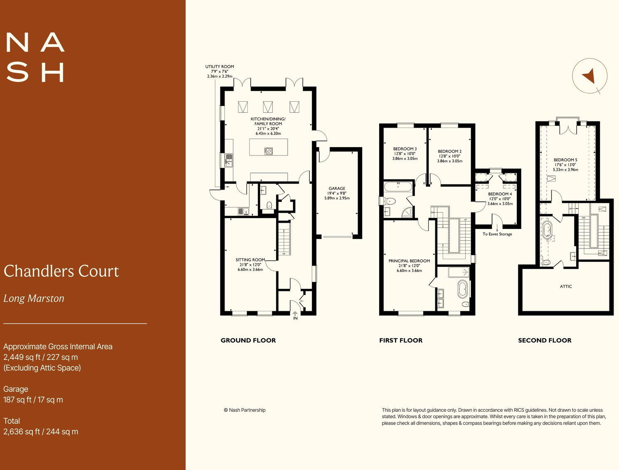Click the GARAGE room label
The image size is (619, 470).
pyautogui.click(x=337, y=188)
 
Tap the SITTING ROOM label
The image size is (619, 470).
pyautogui.click(x=250, y=260)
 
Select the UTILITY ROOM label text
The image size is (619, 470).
pyautogui.click(x=219, y=66)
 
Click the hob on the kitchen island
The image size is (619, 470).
pyautogui.click(x=269, y=151)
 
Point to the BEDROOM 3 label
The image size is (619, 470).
pyautogui.click(x=405, y=149)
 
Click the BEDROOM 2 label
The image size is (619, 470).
pyautogui.click(x=449, y=151)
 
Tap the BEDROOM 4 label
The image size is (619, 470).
pyautogui.click(x=500, y=194)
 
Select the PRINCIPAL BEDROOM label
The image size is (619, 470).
pyautogui.click(x=409, y=261)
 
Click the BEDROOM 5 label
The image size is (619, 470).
pyautogui.click(x=565, y=160)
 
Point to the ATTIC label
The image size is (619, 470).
pyautogui.click(x=566, y=286)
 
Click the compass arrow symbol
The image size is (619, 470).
pyautogui.click(x=589, y=76)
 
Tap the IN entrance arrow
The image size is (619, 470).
pyautogui.click(x=295, y=314)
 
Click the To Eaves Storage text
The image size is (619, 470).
pyautogui.click(x=497, y=234)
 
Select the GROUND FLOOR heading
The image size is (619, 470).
pyautogui.click(x=248, y=340)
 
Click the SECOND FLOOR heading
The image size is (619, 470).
pyautogui.click(x=545, y=340)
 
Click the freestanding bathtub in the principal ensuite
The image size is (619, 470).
pyautogui.click(x=462, y=290)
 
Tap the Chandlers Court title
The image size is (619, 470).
pyautogui.click(x=61, y=271)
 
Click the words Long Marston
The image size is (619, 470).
pyautogui.click(x=34, y=298)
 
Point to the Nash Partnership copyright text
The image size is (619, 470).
pyautogui.click(x=244, y=410)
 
